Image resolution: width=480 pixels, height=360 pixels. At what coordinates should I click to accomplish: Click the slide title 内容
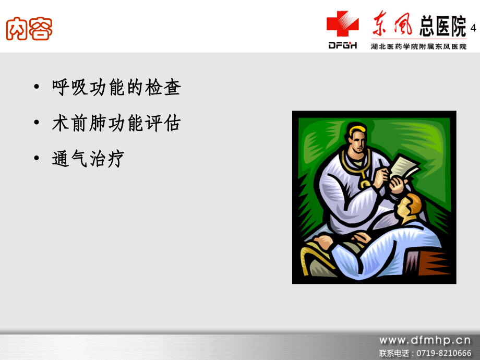(x=29, y=30)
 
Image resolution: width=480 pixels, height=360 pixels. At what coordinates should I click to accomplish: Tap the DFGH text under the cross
(x=343, y=46)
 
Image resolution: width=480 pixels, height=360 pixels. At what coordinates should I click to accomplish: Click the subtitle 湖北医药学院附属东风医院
(x=419, y=46)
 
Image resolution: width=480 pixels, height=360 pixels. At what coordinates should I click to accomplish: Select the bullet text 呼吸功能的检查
(x=116, y=88)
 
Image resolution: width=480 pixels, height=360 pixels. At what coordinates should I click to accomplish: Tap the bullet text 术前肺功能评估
(x=116, y=124)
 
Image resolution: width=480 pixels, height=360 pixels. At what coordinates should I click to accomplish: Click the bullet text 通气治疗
(x=88, y=159)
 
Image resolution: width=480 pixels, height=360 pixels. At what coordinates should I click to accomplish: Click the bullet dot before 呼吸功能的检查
(x=35, y=88)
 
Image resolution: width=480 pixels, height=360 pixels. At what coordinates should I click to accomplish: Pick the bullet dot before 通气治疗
(x=35, y=160)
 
